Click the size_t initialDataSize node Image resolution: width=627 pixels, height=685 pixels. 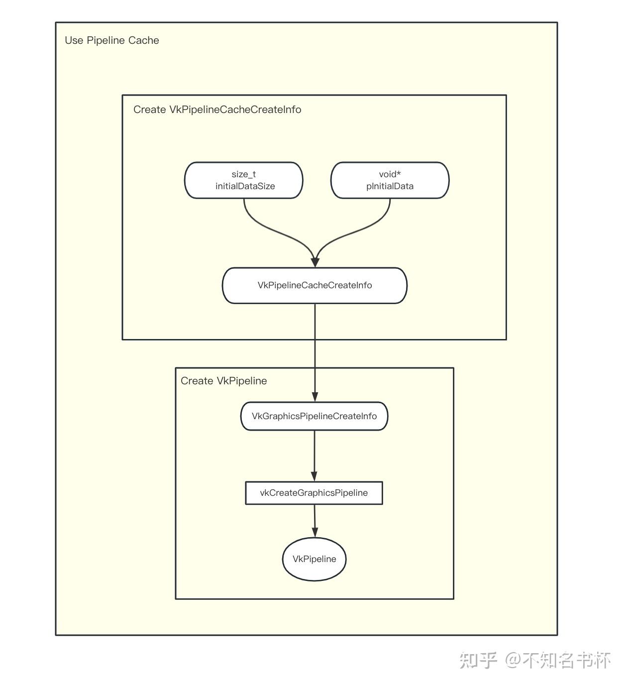pyautogui.click(x=243, y=180)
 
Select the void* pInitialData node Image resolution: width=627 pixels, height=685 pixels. pyautogui.click(x=390, y=180)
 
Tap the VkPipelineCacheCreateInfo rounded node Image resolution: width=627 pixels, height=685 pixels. pyautogui.click(x=314, y=285)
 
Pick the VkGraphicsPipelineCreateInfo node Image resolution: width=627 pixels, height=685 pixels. pyautogui.click(x=314, y=416)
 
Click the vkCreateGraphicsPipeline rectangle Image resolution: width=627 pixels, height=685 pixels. pyautogui.click(x=314, y=493)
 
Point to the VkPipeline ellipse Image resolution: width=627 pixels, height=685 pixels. pyautogui.click(x=314, y=559)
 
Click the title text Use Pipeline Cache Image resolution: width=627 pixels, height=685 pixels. pyautogui.click(x=112, y=40)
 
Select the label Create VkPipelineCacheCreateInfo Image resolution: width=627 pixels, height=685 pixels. pyautogui.click(x=217, y=110)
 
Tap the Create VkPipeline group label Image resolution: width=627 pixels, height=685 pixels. pyautogui.click(x=224, y=381)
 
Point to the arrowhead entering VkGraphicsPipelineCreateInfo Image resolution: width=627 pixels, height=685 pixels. pyautogui.click(x=315, y=397)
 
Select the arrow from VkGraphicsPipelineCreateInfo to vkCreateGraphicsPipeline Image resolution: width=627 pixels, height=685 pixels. pyautogui.click(x=314, y=456)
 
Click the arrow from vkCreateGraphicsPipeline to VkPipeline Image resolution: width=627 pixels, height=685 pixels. pyautogui.click(x=314, y=521)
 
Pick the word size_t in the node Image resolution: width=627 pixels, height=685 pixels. pyautogui.click(x=243, y=174)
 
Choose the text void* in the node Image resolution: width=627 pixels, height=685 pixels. pyautogui.click(x=390, y=174)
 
